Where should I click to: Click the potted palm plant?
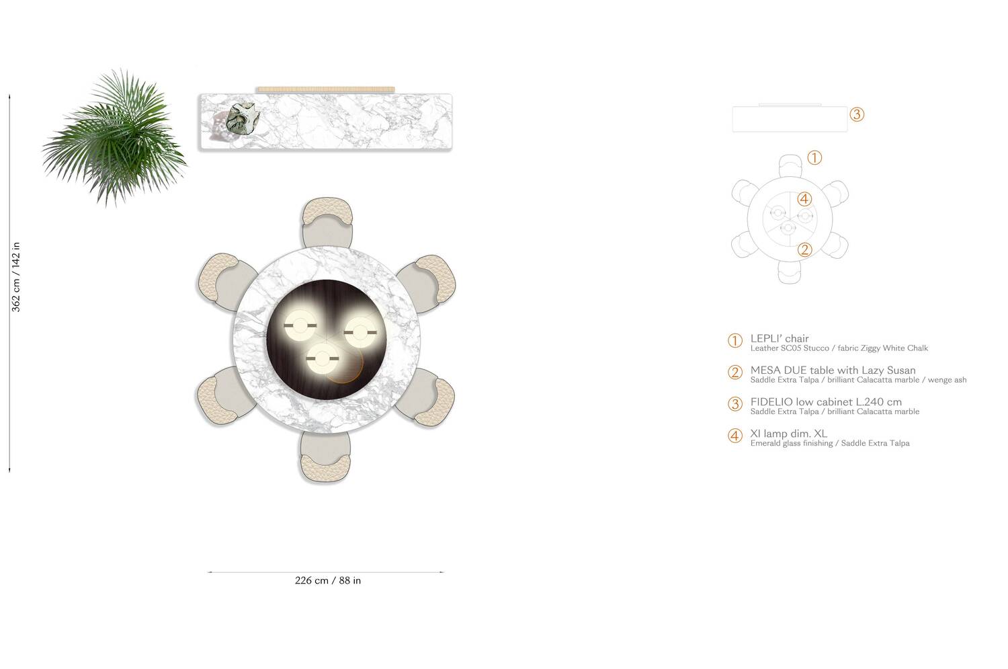pos(114,138)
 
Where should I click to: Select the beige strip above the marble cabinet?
pos(325,89)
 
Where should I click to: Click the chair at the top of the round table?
pos(327,222)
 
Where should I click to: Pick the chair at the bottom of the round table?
pos(326,457)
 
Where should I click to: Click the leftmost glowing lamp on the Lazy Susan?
pos(300,326)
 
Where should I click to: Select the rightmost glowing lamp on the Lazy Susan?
pos(360,331)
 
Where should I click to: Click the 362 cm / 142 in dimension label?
pos(17,277)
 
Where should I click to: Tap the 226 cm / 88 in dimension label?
pos(327,580)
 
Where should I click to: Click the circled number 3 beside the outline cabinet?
pos(856,114)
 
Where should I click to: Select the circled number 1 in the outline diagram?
pos(814,158)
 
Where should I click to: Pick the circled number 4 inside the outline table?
pos(804,199)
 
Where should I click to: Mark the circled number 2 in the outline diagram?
pos(804,250)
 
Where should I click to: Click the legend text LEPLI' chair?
pos(780,338)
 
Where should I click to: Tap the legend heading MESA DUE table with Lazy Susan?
pos(833,370)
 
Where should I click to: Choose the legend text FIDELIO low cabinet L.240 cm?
pos(826,402)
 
